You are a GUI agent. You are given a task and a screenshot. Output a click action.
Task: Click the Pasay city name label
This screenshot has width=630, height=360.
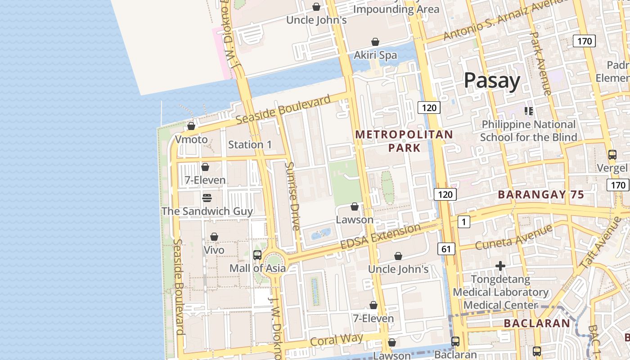click(x=492, y=81)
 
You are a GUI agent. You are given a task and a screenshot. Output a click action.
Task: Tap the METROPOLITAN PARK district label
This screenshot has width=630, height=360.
click(x=404, y=141)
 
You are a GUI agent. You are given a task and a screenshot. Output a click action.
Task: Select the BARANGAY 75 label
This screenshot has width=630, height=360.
click(x=541, y=195)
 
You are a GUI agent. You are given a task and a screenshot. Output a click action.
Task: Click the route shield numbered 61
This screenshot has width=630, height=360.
click(x=445, y=249)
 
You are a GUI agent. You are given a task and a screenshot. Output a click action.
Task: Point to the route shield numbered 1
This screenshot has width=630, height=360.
click(x=463, y=221)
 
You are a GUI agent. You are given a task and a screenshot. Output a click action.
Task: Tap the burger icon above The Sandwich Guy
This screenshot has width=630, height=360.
click(x=207, y=198)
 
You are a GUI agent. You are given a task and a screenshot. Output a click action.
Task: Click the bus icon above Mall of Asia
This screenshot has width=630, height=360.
click(x=257, y=255)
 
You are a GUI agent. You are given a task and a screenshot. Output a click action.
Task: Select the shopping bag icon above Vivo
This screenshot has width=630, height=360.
click(x=214, y=237)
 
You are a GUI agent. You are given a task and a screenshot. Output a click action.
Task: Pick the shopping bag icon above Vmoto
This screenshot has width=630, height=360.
click(x=191, y=126)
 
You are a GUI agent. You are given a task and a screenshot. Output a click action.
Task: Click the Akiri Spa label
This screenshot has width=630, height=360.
click(x=375, y=55)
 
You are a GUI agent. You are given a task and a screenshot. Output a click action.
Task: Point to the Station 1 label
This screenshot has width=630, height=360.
click(x=250, y=144)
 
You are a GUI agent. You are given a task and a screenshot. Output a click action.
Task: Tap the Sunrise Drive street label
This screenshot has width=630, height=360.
click(x=292, y=196)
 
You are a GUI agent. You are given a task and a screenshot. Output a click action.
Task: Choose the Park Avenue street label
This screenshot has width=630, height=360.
click(x=540, y=63)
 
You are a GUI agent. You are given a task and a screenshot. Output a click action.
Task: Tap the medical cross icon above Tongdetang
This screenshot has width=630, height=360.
click(x=500, y=266)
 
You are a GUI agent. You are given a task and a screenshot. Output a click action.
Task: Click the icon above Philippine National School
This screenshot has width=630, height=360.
click(x=529, y=111)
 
